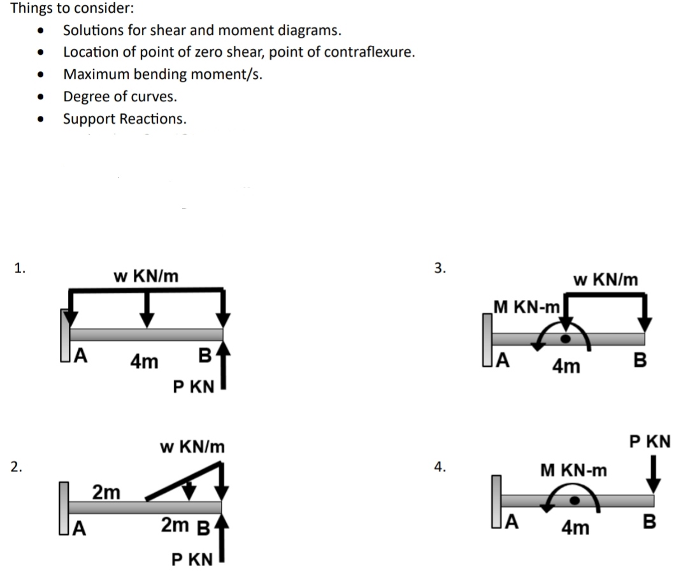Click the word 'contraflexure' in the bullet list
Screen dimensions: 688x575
pyautogui.click(x=370, y=52)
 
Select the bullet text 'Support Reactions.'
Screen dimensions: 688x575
pyautogui.click(x=125, y=119)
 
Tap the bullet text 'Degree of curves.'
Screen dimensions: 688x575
pyautogui.click(x=120, y=97)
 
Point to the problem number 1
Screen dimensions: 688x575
pyautogui.click(x=20, y=267)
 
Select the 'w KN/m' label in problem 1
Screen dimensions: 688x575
pyautogui.click(x=146, y=276)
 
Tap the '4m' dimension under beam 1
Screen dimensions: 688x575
pyautogui.click(x=144, y=362)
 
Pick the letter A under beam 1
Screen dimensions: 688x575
pyautogui.click(x=82, y=355)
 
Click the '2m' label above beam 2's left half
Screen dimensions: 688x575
pyautogui.click(x=106, y=492)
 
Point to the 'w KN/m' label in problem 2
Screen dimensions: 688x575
pyautogui.click(x=192, y=446)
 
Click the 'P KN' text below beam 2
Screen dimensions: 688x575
pyautogui.click(x=192, y=560)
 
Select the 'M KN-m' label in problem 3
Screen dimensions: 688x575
pyautogui.click(x=526, y=307)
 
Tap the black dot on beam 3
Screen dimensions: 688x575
pyautogui.click(x=564, y=338)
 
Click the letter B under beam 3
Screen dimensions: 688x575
pyautogui.click(x=640, y=361)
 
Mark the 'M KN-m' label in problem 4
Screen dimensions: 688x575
pyautogui.click(x=573, y=471)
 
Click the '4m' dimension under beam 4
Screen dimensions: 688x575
pyautogui.click(x=575, y=528)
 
